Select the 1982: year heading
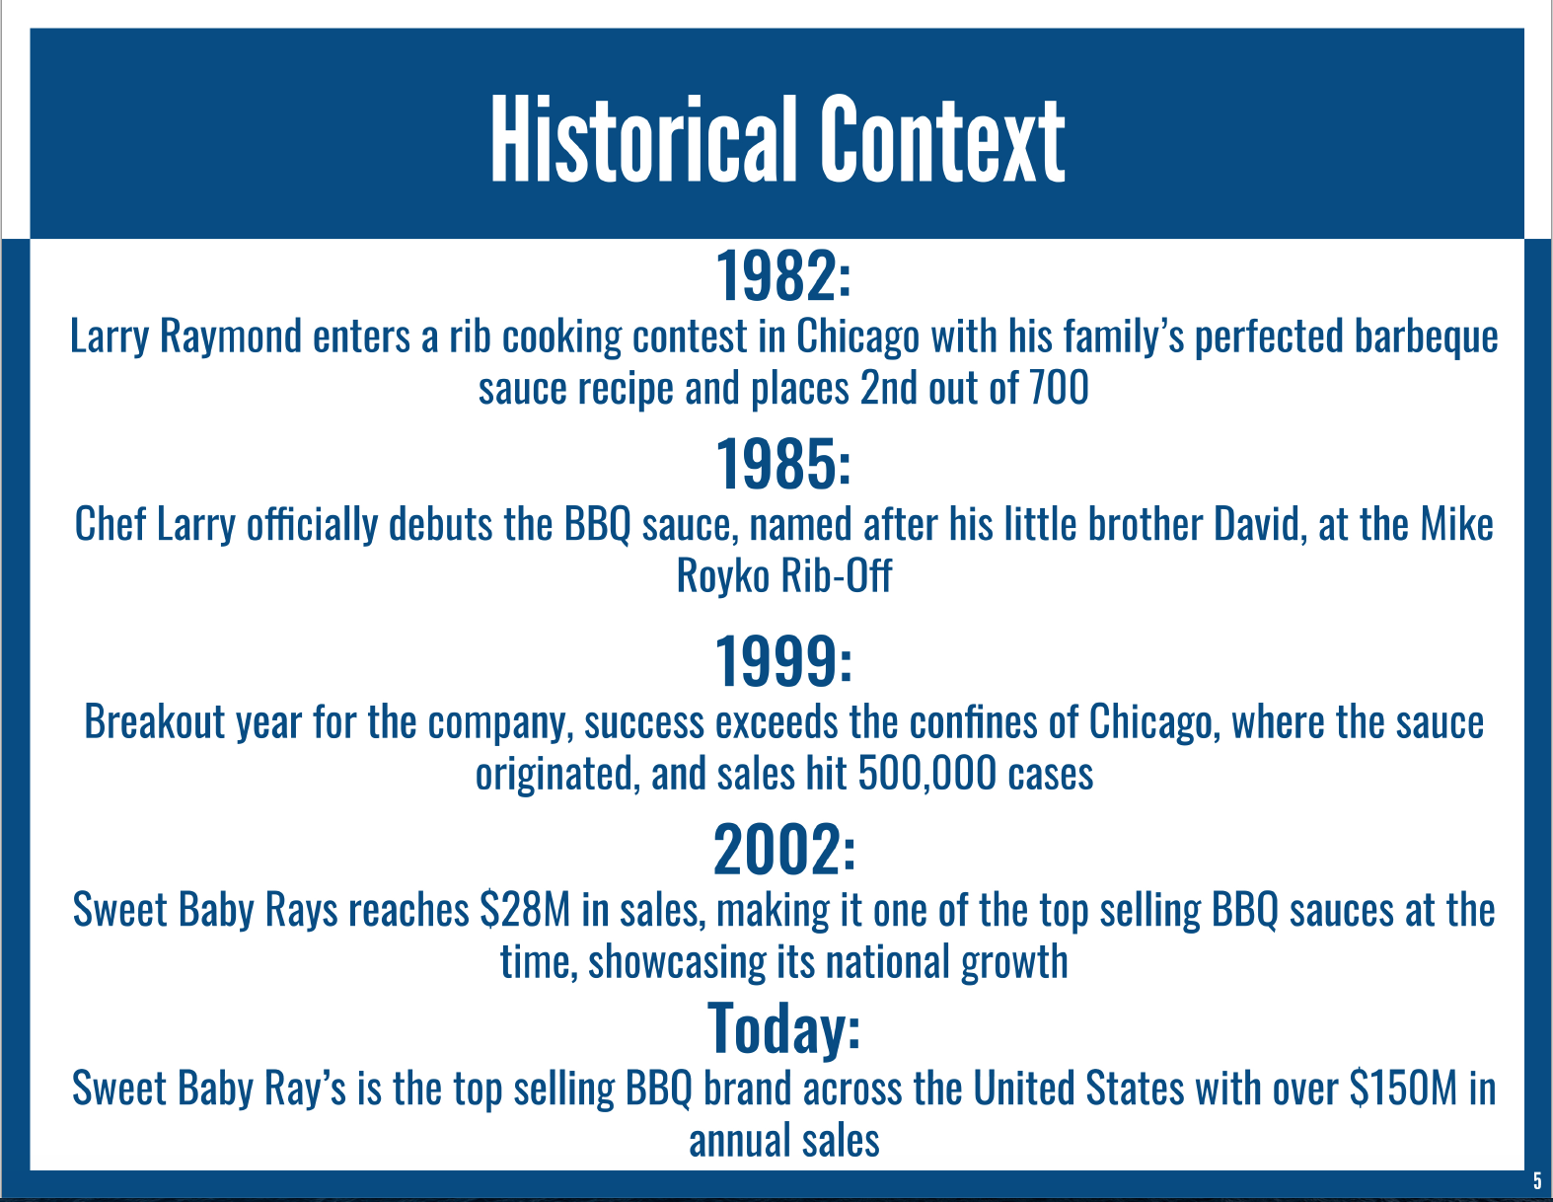[x=784, y=276]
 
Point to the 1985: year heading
[x=784, y=464]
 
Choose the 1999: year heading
[x=784, y=661]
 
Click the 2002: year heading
[x=784, y=849]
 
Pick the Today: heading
[x=784, y=1029]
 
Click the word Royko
[x=722, y=576]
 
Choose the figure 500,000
[x=926, y=774]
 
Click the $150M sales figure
[x=1403, y=1088]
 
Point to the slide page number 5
[x=1537, y=1180]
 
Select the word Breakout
[x=155, y=721]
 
